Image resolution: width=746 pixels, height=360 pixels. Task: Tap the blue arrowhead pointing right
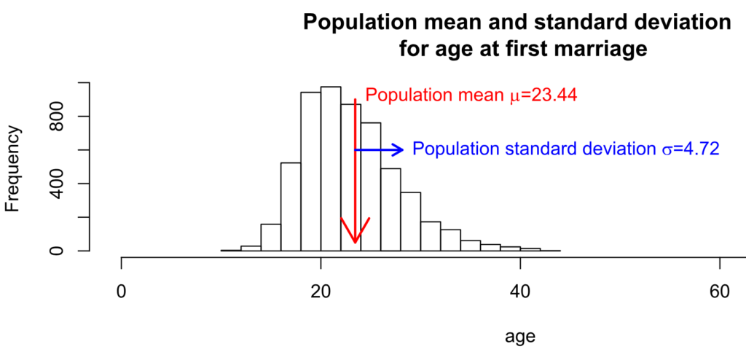click(398, 149)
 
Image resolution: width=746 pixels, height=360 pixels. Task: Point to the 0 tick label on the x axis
click(121, 289)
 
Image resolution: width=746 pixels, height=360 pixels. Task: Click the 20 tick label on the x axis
click(321, 289)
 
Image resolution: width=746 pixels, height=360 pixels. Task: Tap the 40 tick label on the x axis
click(519, 289)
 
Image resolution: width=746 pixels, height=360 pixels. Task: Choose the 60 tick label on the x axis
click(719, 289)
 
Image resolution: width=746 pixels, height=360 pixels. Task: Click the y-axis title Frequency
click(12, 168)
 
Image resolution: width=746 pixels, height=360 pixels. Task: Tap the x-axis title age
click(520, 337)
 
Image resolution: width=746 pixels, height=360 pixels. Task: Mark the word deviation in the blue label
click(617, 149)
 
